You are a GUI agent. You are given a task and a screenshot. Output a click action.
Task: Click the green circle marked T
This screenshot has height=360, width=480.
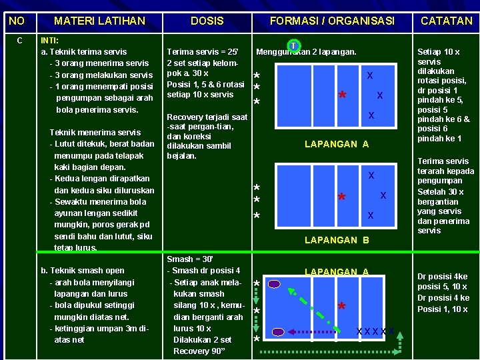[293, 46]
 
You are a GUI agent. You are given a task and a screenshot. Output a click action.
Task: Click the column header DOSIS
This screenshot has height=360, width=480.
[207, 21]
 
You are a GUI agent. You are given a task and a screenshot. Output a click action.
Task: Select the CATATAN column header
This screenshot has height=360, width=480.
[446, 21]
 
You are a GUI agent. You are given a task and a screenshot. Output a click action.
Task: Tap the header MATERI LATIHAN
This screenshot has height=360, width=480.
[99, 21]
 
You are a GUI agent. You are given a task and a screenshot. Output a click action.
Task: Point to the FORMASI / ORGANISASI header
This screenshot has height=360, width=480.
[332, 21]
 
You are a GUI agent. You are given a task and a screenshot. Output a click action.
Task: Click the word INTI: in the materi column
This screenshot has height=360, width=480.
[53, 40]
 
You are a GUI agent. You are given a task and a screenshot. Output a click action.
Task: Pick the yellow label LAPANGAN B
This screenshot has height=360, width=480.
[336, 239]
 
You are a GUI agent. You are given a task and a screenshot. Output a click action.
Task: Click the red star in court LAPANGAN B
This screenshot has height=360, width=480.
[341, 198]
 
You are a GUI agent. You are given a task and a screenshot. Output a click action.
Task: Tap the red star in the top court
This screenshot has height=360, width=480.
[341, 95]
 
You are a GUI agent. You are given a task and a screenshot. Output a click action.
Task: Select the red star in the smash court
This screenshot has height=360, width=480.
[341, 307]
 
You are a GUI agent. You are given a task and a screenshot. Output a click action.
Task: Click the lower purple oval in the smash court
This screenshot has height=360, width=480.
[279, 331]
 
